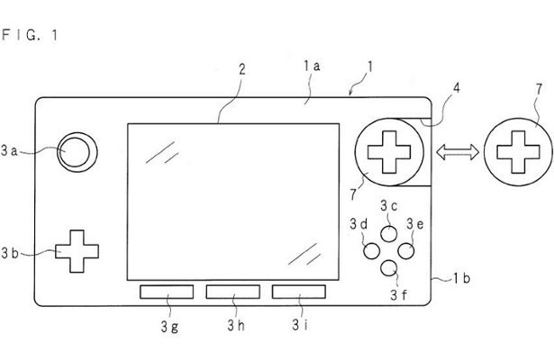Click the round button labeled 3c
tap(389, 231)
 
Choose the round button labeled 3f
tap(389, 267)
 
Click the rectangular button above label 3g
tap(166, 292)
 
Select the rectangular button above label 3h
tap(232, 292)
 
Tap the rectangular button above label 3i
tap(299, 292)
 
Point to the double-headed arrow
tap(457, 153)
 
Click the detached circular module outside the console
tap(516, 153)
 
